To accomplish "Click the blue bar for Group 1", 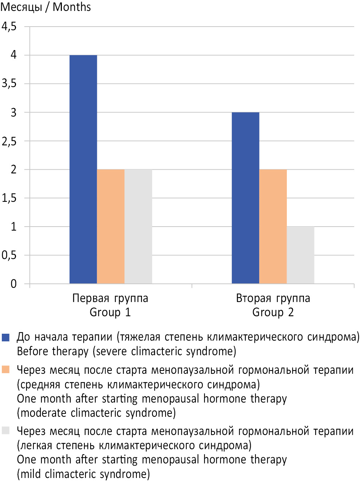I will tap(83, 169).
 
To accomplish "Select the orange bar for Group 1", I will tap(111, 226).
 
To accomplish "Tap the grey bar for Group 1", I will tap(138, 226).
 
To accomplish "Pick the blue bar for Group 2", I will tap(245, 198).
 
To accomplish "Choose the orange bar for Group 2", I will tap(273, 226).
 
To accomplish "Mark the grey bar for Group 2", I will tap(300, 255).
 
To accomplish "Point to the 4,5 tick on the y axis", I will tap(9, 27).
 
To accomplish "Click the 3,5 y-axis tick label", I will tap(9, 84).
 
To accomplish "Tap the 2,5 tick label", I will tap(9, 141).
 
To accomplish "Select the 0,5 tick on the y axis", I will tap(9, 255).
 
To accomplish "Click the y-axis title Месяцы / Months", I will tap(46, 7).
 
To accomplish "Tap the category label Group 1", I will tap(110, 312).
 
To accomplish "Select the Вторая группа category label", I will tap(273, 298).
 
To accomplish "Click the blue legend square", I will tap(5, 337).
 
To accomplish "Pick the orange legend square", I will tap(5, 369).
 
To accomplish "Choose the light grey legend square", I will tap(5, 431).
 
